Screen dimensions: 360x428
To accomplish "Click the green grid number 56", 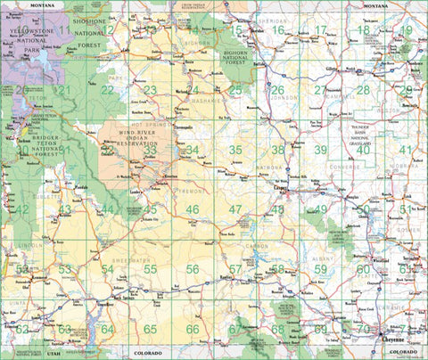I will click(x=193, y=269).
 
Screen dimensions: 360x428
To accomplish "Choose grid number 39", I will click(x=320, y=150).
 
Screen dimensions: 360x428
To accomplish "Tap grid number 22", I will click(x=107, y=90).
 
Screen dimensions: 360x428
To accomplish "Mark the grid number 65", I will click(x=150, y=329).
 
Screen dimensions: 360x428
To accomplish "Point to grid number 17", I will click(x=320, y=30).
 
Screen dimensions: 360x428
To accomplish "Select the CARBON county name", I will click(x=258, y=246).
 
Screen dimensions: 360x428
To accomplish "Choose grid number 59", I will click(x=320, y=269).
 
